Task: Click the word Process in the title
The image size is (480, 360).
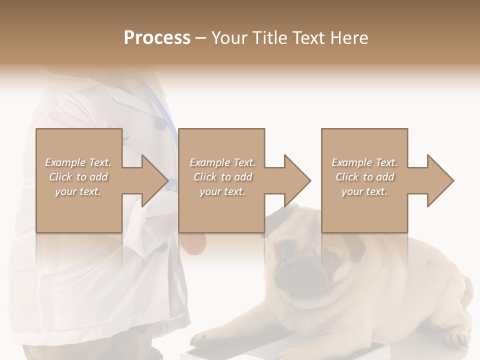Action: (x=157, y=37)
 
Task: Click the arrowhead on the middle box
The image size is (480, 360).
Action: (x=296, y=180)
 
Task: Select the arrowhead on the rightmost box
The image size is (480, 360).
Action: (x=439, y=180)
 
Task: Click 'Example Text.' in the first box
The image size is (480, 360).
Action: (x=78, y=162)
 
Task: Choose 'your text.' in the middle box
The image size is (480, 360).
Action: (x=222, y=191)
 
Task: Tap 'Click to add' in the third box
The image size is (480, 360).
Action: (x=364, y=177)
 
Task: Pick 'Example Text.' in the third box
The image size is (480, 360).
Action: (x=364, y=162)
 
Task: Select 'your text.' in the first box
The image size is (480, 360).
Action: (x=78, y=191)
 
